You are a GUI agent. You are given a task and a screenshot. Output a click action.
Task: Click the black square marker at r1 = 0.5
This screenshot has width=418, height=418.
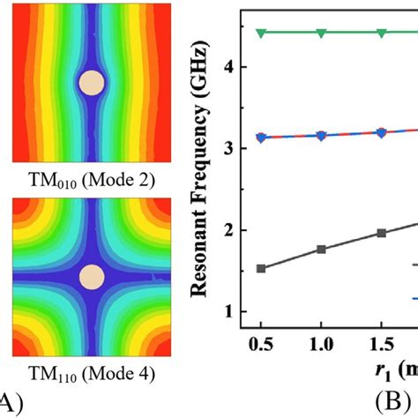(261, 268)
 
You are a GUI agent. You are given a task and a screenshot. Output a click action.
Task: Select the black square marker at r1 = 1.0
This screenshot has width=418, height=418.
(321, 250)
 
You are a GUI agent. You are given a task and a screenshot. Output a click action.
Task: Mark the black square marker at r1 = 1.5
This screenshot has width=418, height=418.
(381, 233)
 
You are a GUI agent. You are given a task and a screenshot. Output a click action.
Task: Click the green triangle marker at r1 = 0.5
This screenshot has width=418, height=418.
(261, 34)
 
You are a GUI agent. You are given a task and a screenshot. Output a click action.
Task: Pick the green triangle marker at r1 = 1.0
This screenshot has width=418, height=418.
(321, 34)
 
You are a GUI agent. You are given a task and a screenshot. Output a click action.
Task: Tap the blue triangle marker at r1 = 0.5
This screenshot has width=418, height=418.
(261, 138)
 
